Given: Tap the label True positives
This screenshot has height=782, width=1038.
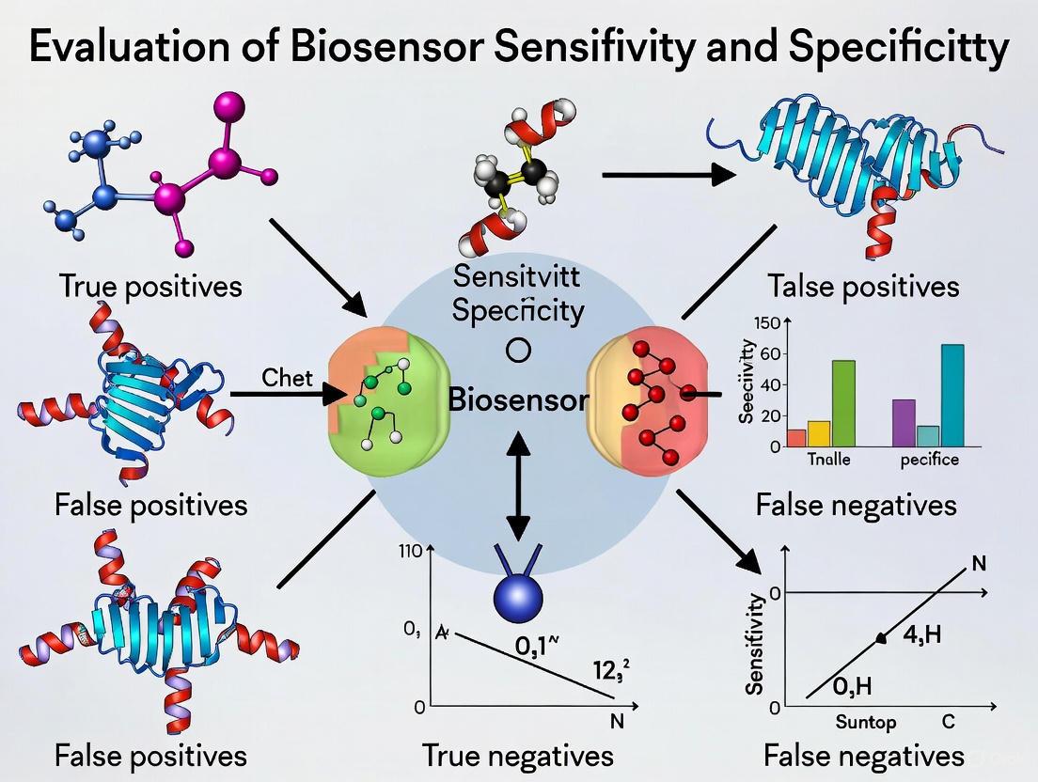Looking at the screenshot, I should pos(151,285).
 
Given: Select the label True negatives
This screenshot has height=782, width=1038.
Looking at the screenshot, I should pos(518,755).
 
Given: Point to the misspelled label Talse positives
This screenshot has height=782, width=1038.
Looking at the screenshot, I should pos(863,285).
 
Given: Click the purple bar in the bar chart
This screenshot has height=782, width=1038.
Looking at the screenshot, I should pos(904,422).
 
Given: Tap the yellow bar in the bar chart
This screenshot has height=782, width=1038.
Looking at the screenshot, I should pos(819,432).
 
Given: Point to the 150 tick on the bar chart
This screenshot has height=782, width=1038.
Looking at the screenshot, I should pos(768,323).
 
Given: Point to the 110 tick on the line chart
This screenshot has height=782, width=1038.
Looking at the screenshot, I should pos(412,552).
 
